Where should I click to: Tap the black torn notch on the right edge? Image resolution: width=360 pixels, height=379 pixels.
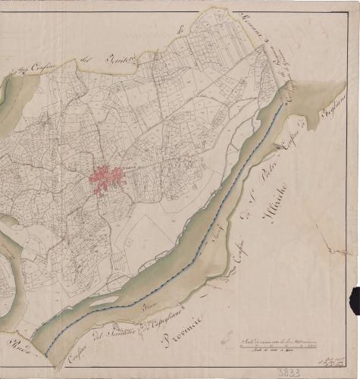354,299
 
